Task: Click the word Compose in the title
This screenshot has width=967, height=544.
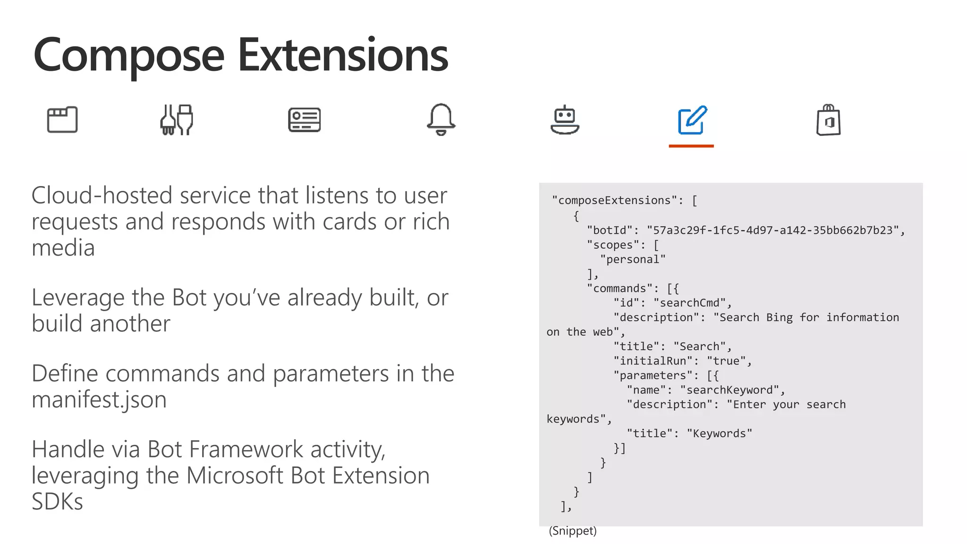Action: [x=128, y=56]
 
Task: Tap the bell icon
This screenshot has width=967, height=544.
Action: [x=441, y=119]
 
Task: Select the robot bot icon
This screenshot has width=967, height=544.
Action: [x=565, y=121]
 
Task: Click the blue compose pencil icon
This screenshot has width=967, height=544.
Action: [x=692, y=120]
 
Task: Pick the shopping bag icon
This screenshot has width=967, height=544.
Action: [x=829, y=120]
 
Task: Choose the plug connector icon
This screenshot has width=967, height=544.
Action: [x=177, y=120]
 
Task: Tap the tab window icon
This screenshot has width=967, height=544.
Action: [x=62, y=119]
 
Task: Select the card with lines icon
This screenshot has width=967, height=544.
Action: [x=305, y=120]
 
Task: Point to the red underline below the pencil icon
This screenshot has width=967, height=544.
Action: [x=691, y=146]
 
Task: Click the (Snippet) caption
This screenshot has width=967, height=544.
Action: [x=573, y=531]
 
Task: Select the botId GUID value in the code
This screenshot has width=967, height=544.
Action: [x=773, y=230]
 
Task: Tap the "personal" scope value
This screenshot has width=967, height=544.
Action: [x=633, y=259]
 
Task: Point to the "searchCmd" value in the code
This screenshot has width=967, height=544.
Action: [x=690, y=303]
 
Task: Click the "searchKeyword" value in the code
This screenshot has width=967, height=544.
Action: [x=729, y=390]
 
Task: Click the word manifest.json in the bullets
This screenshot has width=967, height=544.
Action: [x=99, y=399]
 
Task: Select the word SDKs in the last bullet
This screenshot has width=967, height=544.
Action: [x=57, y=501]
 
